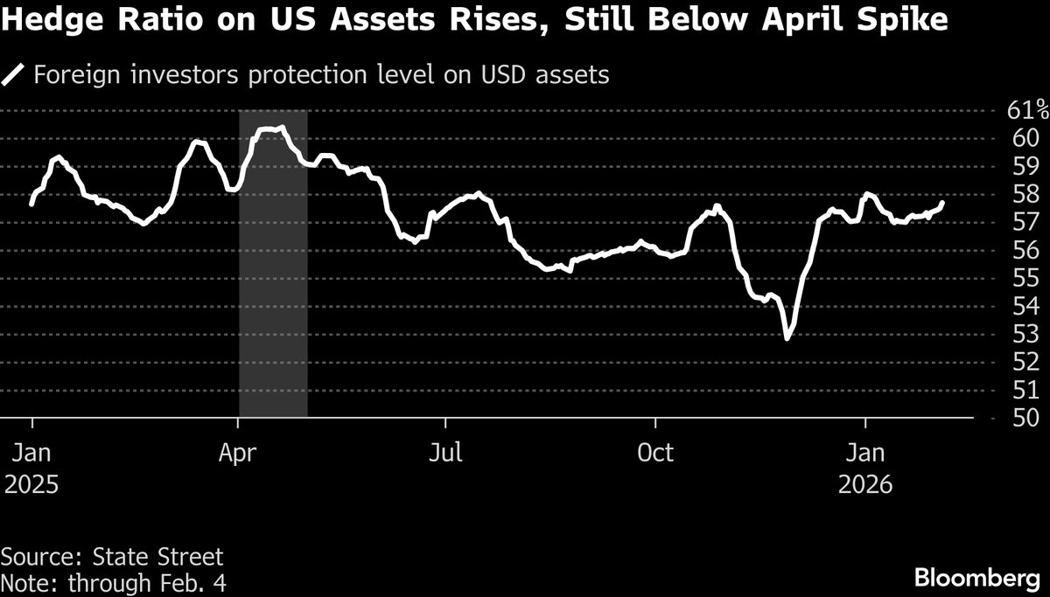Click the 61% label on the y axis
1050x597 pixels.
1028,110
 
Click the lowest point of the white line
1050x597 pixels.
787,337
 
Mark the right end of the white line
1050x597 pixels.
942,203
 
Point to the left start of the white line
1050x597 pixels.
32,204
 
